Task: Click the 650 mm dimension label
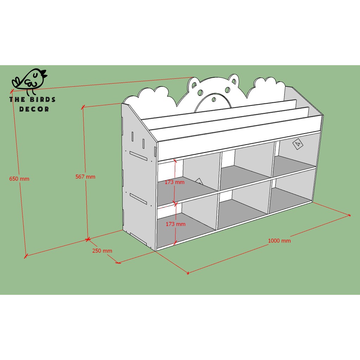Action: click(x=19, y=179)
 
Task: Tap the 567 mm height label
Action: click(x=85, y=176)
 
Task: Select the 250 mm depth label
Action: click(x=102, y=250)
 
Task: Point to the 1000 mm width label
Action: click(x=279, y=240)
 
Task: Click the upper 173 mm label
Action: click(x=174, y=182)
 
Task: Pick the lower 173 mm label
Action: click(x=176, y=224)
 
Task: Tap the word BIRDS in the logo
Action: click(x=43, y=99)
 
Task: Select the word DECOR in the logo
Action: click(x=34, y=109)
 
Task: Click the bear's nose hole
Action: click(x=214, y=99)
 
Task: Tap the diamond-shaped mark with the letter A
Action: click(x=298, y=144)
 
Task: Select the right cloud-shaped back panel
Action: click(x=266, y=88)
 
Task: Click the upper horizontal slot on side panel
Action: click(x=138, y=156)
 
